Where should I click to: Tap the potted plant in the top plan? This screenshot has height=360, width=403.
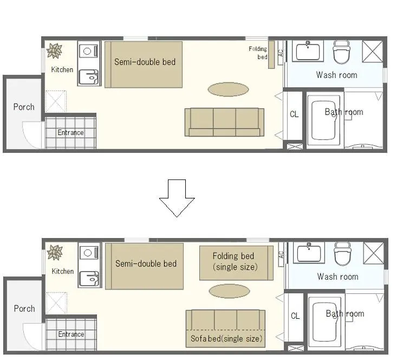(55, 51)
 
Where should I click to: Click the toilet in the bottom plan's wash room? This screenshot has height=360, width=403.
(342, 254)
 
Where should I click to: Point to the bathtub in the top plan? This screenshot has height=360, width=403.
(323, 120)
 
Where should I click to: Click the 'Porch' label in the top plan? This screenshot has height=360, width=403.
(24, 107)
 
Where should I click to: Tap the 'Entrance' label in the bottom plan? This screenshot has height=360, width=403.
(71, 334)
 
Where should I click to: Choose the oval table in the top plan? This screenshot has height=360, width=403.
(228, 89)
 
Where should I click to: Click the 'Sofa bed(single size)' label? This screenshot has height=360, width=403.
(226, 339)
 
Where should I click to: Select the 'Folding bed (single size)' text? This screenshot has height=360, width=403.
(235, 261)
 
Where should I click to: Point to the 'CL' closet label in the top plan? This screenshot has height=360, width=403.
(294, 114)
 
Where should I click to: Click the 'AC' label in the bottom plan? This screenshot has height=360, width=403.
(281, 255)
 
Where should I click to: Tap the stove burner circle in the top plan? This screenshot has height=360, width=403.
(87, 51)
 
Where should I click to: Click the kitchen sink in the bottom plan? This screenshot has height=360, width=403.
(89, 279)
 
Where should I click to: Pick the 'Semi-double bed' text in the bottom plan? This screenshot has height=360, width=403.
(146, 263)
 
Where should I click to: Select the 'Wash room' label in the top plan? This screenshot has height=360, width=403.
(337, 75)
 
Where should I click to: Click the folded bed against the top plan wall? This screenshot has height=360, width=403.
(271, 55)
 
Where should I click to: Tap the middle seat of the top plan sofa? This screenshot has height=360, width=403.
(224, 122)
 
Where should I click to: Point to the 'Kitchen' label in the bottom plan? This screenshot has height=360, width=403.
(63, 271)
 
